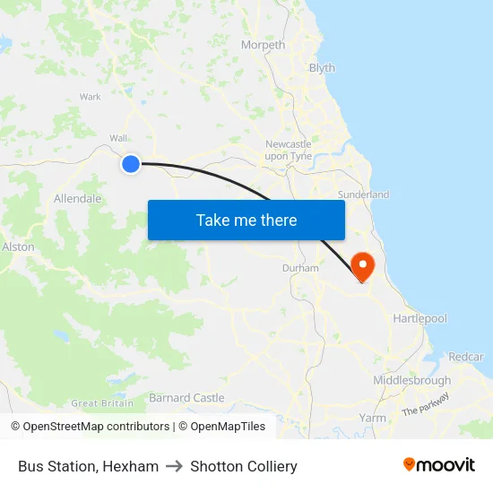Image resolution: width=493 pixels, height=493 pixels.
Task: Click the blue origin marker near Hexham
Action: point(131,163)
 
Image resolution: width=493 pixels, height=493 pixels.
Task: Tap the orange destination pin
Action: point(362,266)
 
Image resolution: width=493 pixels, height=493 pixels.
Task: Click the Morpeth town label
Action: point(263,45)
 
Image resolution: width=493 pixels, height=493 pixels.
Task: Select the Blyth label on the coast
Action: point(321,68)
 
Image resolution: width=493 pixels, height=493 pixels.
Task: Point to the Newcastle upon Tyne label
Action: point(289,150)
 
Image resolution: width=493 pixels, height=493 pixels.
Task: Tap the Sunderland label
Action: point(363,195)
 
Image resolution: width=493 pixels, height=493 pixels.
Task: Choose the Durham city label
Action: point(300,268)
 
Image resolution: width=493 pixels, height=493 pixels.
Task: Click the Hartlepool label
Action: point(419,319)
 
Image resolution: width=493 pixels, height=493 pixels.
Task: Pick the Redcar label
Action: point(465,357)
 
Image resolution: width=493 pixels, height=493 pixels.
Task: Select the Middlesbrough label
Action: point(411,381)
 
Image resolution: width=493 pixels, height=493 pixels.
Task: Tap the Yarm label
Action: point(372,418)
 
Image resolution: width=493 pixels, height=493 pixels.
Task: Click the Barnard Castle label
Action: point(186,398)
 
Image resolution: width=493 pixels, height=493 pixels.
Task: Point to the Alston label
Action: point(18,246)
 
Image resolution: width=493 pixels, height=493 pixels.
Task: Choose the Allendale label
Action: point(77,199)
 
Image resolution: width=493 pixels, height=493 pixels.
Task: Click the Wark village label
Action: point(90,97)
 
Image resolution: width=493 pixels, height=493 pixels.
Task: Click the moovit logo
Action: point(439,465)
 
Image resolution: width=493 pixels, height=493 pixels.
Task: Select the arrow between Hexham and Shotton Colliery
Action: point(175,466)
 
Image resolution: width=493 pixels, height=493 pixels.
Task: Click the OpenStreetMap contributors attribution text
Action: point(95,427)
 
